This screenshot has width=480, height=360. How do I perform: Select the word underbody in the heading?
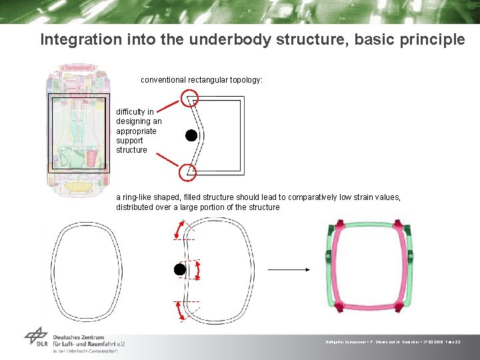point(219,39)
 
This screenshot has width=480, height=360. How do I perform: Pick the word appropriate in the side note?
point(136,131)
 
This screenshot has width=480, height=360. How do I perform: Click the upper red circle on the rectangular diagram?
point(190,99)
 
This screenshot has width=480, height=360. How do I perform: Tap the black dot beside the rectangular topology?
point(191,136)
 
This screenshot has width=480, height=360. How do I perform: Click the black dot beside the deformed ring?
point(179,269)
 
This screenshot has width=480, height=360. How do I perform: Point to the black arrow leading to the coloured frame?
point(288,269)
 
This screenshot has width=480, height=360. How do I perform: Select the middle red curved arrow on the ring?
point(197,270)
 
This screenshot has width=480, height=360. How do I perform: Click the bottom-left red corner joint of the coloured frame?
point(335,306)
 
